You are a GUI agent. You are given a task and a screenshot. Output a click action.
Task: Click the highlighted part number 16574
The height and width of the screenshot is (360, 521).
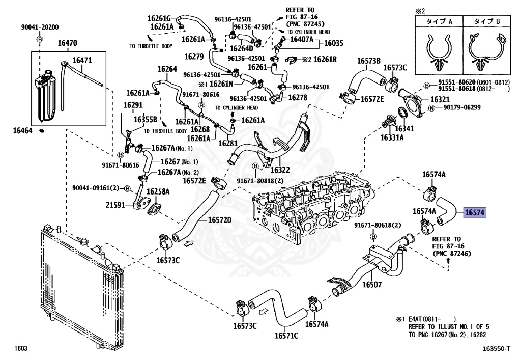475,212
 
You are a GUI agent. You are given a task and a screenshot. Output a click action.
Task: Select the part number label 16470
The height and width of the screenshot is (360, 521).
68,43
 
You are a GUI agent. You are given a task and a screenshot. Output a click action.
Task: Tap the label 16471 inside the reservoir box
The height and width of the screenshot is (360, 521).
82,60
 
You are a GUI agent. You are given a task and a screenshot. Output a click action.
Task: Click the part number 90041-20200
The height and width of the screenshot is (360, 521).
40,27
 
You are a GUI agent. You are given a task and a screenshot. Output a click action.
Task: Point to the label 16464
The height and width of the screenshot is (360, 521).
22,131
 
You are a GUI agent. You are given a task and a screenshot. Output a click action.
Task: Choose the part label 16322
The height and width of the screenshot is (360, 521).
280,170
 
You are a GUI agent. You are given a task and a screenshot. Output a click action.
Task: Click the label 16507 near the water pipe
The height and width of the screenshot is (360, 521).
372,284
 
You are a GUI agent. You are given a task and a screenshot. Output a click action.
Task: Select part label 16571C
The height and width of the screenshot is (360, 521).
286,336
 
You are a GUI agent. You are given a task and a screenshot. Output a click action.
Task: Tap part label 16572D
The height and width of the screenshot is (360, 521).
220,220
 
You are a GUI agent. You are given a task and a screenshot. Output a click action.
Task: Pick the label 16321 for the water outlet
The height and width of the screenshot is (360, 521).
440,99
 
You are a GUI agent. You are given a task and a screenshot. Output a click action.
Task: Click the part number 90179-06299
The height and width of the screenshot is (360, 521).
462,108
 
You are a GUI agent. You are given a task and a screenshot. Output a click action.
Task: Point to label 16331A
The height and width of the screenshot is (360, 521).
392,137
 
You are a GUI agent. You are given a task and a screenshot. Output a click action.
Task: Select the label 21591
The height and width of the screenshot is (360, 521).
115,205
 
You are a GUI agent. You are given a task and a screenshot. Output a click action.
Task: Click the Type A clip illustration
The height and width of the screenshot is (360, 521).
439,50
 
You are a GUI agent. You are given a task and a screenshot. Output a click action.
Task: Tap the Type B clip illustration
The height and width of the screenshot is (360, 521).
487,50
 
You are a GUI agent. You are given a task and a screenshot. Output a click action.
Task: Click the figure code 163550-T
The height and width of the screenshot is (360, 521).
497,348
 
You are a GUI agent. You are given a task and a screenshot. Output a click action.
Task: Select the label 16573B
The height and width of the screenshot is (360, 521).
369,61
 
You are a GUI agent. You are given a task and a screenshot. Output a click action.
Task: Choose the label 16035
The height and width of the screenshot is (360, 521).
334,43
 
